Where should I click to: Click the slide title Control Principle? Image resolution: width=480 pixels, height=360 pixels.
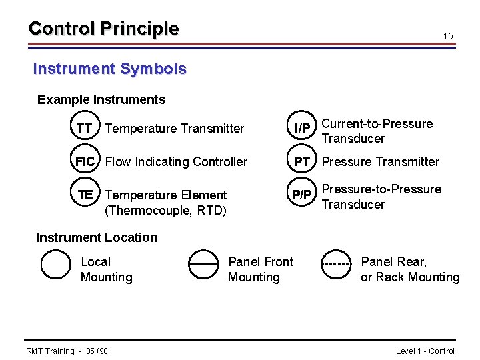103,29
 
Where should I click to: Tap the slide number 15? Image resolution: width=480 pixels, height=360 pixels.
448,36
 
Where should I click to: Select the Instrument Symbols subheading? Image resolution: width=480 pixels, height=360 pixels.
110,69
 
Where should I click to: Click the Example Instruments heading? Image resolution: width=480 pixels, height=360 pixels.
101,100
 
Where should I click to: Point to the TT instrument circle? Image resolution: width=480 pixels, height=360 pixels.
84,128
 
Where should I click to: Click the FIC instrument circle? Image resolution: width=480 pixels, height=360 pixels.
85,161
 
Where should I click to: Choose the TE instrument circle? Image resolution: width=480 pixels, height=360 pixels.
85,195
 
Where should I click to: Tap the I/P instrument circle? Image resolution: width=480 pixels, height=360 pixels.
302,128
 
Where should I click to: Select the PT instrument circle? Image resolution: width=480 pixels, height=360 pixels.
302,161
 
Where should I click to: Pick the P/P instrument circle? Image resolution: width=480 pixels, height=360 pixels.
302,195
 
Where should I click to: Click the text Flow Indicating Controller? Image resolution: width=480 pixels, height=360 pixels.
176,162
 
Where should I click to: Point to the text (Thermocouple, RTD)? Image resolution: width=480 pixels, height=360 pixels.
166,211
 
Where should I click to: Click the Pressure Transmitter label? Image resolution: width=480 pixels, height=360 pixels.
381,162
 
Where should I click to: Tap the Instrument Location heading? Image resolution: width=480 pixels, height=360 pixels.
97,237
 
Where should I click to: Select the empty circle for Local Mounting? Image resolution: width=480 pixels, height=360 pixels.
55,264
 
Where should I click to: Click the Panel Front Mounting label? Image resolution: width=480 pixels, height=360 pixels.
260,269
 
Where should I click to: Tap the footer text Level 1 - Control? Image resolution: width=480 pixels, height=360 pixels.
425,351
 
